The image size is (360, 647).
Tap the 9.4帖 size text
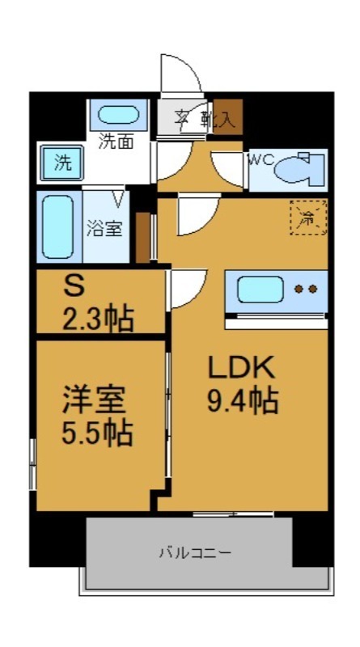pos(242,399)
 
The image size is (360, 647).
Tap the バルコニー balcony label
pos(194,553)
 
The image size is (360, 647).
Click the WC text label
pos(260,159)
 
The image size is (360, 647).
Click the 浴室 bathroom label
pos(104,228)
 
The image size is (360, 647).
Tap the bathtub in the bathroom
pos(57,227)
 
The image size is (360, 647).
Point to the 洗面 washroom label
pos(116,142)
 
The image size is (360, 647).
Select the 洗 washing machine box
pos(63,161)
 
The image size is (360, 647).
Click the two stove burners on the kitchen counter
pos(307,289)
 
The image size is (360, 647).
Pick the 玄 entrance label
pos(184,119)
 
